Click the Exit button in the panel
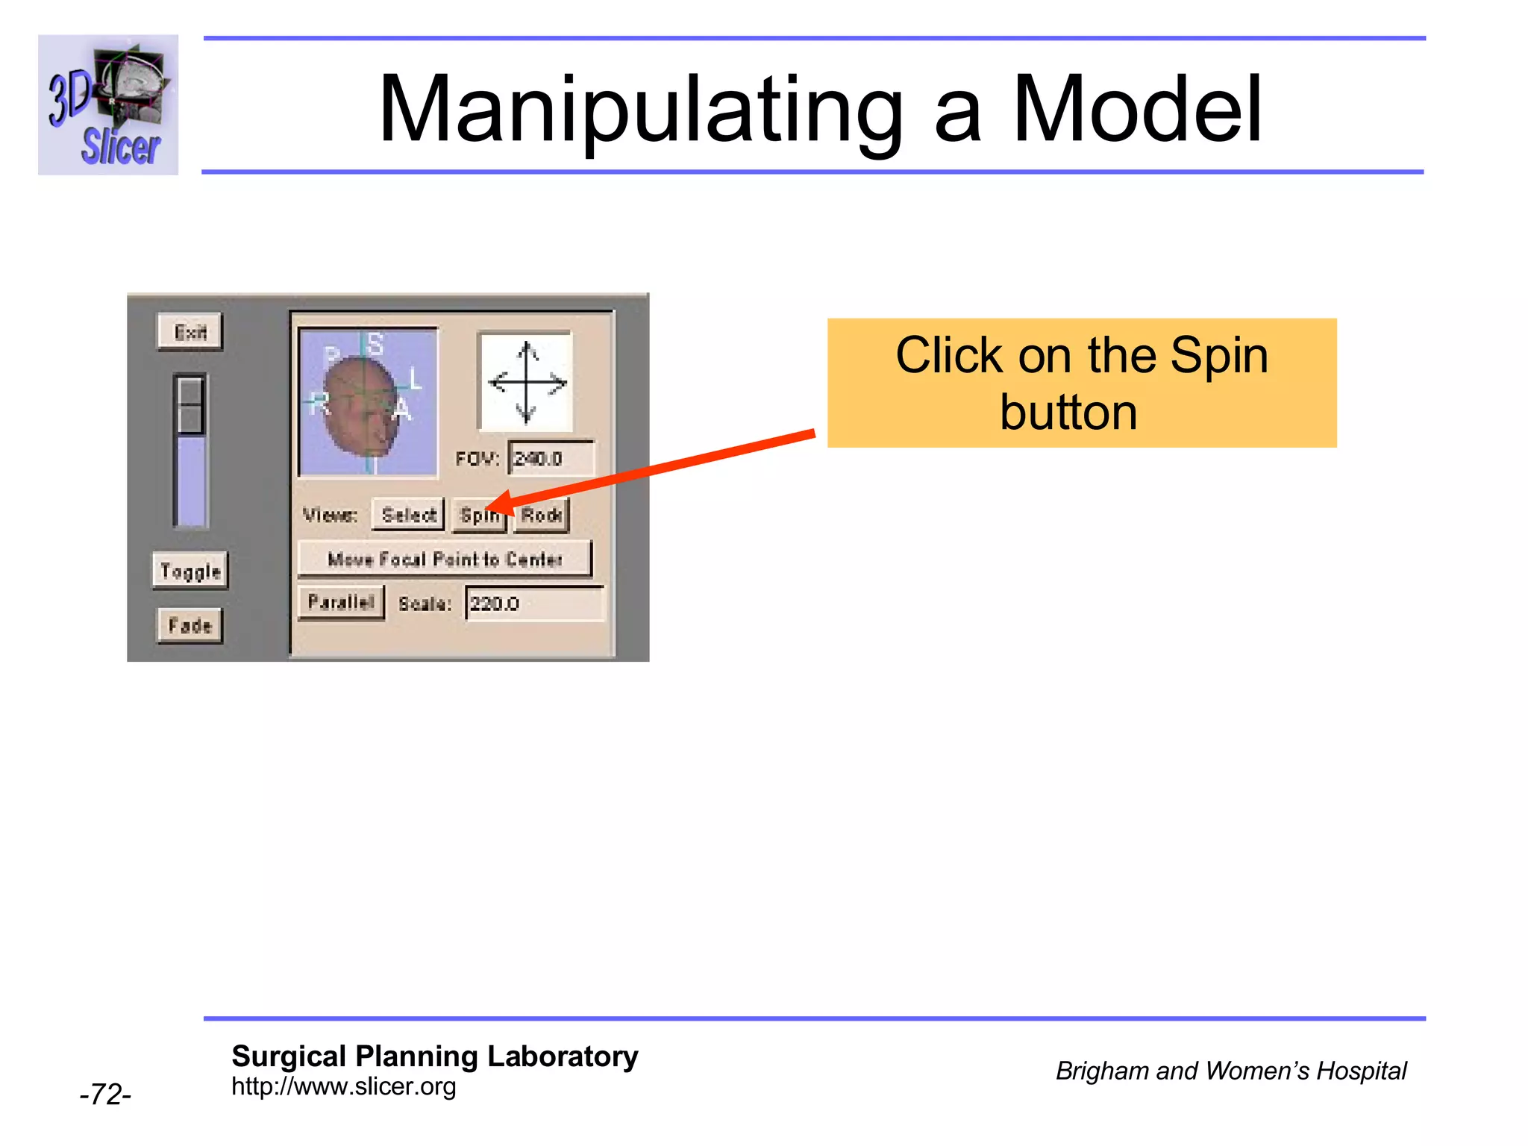[190, 332]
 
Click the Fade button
[190, 625]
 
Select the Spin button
[478, 516]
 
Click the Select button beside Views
[408, 515]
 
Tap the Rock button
[542, 516]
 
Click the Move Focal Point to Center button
[445, 560]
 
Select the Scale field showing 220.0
[534, 604]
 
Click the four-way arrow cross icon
[527, 382]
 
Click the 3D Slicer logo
[108, 105]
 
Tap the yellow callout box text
[1081, 383]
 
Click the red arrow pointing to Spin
[657, 470]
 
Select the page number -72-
[105, 1095]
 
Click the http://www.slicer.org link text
[343, 1087]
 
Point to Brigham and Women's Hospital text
[1230, 1071]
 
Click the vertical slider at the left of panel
[190, 451]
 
